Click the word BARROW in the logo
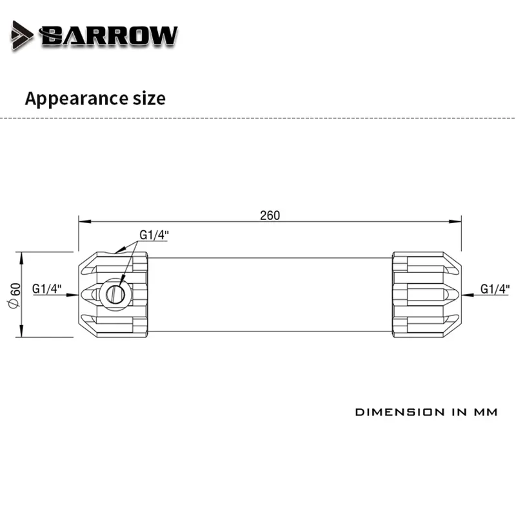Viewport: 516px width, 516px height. click(108, 35)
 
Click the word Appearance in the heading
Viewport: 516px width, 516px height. click(72, 99)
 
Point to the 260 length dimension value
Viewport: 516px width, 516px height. click(270, 215)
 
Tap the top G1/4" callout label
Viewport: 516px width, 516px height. click(154, 235)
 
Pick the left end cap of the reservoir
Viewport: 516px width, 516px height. click(114, 294)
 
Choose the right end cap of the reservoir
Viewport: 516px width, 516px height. click(426, 294)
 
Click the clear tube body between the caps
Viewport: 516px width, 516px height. click(270, 294)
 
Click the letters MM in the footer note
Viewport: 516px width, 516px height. click(484, 412)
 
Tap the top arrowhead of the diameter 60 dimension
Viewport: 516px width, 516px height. click(23, 257)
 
